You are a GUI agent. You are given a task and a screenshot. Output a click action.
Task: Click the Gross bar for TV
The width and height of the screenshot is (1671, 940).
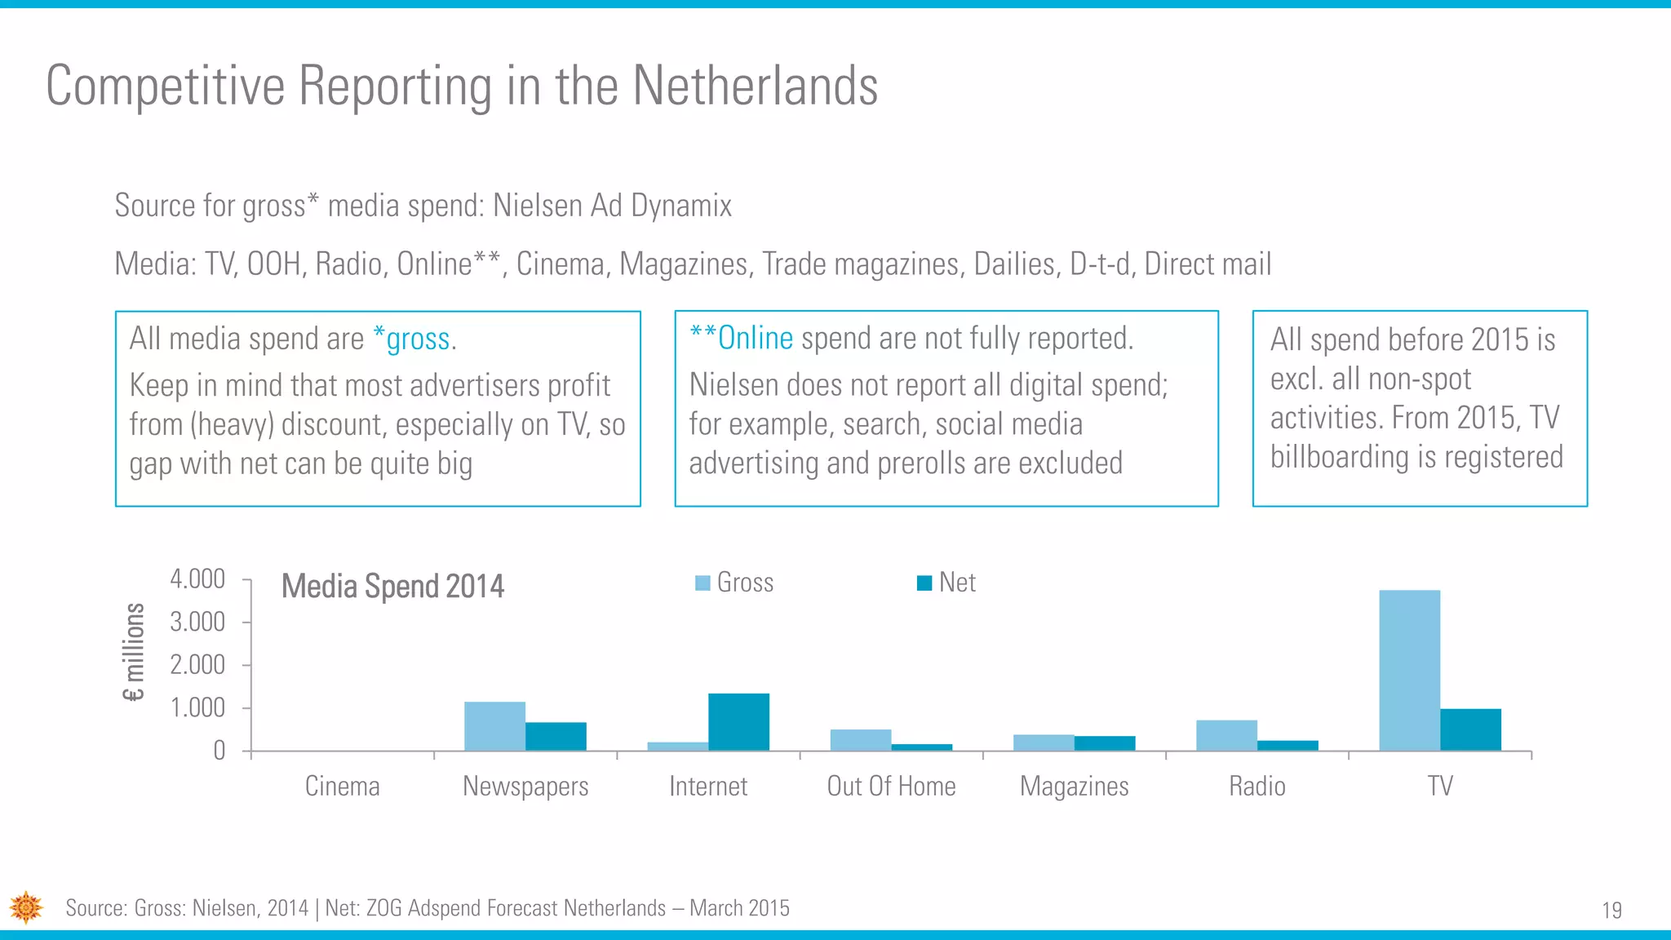[x=1409, y=670]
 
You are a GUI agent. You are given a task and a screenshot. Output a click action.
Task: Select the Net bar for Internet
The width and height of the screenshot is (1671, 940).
[x=738, y=722]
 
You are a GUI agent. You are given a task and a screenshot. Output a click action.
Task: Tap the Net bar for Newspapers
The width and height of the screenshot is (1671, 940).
[x=556, y=736]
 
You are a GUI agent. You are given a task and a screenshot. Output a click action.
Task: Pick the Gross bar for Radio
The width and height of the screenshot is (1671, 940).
[x=1226, y=735]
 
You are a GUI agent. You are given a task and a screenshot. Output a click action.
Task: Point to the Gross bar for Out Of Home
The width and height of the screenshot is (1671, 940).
[x=861, y=740]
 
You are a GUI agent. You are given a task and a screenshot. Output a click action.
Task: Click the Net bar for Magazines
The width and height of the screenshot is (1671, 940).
[x=1105, y=743]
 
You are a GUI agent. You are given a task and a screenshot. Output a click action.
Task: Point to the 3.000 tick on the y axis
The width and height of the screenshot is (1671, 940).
[x=197, y=623]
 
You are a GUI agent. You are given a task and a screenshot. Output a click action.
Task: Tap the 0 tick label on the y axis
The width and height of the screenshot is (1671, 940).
[x=219, y=751]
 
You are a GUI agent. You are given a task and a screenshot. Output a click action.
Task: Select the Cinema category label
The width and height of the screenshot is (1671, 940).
[x=342, y=787]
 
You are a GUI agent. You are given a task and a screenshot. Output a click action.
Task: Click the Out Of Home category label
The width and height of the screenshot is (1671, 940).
[x=891, y=787]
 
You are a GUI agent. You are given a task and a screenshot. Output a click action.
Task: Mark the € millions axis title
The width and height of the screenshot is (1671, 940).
[x=134, y=652]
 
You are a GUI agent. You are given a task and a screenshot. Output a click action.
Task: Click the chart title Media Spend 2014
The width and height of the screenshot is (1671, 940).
[x=392, y=586]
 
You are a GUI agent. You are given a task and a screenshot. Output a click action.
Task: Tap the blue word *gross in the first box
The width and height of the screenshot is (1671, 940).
[x=412, y=339]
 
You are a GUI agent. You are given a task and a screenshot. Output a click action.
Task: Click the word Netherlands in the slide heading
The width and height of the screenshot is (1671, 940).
[x=755, y=86]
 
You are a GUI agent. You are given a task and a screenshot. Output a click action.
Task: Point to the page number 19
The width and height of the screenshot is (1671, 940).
[x=1611, y=911]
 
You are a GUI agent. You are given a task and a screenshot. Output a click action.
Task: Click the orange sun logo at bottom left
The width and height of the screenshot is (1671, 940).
[x=26, y=907]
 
